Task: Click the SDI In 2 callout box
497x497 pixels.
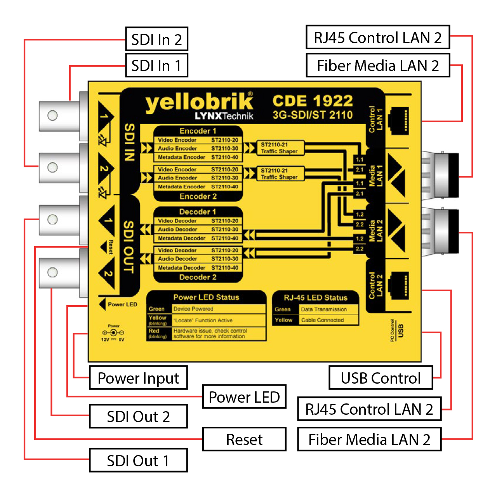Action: [x=156, y=39]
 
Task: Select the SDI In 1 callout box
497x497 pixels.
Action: [x=156, y=66]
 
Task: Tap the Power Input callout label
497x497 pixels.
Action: [x=138, y=378]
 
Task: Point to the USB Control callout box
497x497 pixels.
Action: [x=381, y=378]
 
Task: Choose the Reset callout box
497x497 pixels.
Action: [x=244, y=439]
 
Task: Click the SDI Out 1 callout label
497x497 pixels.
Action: [x=138, y=461]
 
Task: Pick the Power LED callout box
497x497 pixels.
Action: [x=244, y=397]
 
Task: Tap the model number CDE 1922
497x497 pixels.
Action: [x=313, y=101]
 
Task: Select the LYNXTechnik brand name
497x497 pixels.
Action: [x=224, y=116]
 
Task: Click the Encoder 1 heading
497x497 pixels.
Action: [x=198, y=131]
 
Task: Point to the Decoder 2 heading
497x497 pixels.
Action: [x=198, y=277]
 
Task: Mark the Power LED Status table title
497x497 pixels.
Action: [x=206, y=297]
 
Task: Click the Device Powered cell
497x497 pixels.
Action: [x=219, y=309]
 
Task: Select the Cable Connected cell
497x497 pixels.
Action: [x=328, y=320]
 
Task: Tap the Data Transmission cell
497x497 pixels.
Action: [x=328, y=309]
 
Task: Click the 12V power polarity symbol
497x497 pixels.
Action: [x=113, y=333]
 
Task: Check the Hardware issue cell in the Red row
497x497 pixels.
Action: [x=219, y=334]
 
